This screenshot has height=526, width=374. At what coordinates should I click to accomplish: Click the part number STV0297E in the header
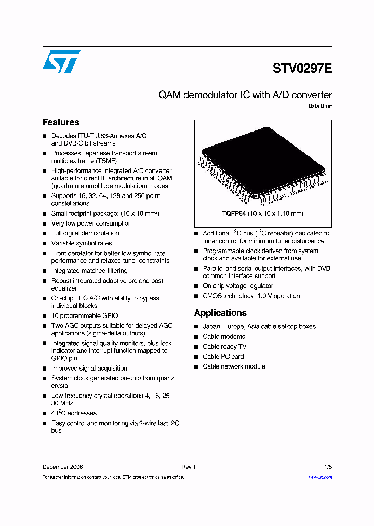[302, 69]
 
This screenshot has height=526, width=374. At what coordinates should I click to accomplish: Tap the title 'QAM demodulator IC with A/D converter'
[245, 95]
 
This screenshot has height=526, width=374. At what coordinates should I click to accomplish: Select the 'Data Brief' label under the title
[320, 106]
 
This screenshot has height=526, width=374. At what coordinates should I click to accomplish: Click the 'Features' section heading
[61, 123]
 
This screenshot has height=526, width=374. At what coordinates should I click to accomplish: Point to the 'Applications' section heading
[220, 313]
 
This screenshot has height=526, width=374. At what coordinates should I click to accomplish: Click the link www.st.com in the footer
[320, 477]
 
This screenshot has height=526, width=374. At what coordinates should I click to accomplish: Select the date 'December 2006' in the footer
[62, 467]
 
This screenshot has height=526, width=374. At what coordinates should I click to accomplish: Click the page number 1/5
[328, 467]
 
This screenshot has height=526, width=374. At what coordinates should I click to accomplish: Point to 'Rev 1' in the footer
[188, 467]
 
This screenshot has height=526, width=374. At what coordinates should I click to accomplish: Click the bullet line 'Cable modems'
[224, 337]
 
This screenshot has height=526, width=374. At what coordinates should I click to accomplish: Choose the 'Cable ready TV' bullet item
[224, 347]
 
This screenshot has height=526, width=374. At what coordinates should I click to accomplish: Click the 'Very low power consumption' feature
[91, 223]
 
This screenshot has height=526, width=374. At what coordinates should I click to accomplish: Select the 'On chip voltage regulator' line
[238, 286]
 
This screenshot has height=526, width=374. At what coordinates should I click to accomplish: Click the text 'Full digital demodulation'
[85, 233]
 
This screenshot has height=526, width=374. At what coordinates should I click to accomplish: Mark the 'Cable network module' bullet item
[234, 366]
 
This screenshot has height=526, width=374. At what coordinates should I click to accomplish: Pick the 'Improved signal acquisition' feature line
[89, 369]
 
